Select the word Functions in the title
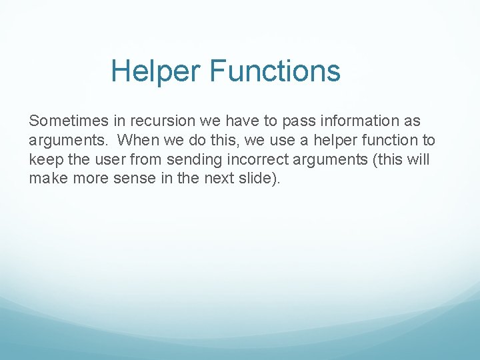(275, 71)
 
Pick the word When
(135, 141)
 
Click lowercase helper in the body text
(336, 141)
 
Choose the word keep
(43, 160)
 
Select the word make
(45, 179)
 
